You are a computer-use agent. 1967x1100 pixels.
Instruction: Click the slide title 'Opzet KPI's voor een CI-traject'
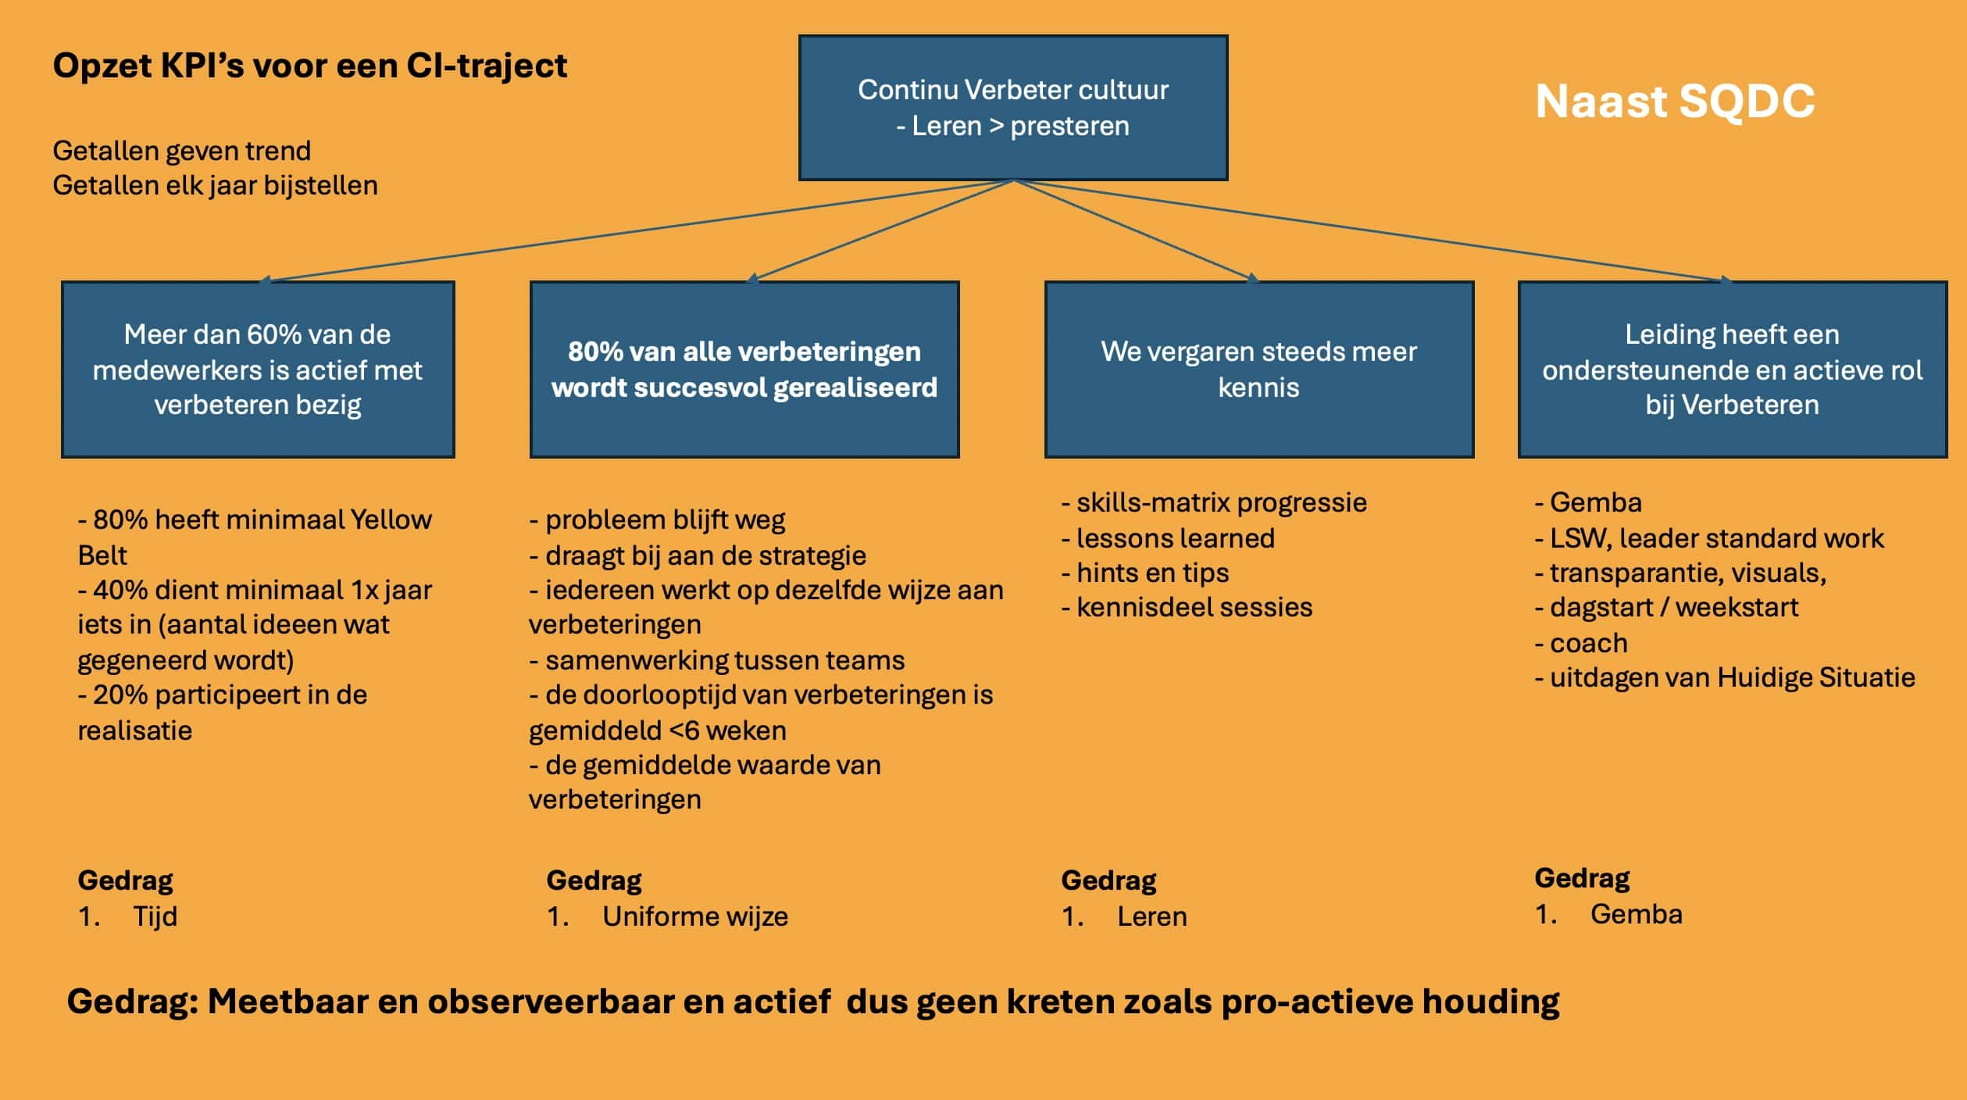point(309,66)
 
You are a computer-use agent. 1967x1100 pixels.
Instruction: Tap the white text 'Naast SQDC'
point(1675,102)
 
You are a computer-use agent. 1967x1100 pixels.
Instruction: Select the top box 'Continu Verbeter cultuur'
point(1013,108)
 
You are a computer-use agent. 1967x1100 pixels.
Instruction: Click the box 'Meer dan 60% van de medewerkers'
point(258,370)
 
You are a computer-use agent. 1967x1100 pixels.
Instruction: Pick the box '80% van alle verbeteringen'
point(744,370)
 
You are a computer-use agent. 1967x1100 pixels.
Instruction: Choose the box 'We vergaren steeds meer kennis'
point(1258,370)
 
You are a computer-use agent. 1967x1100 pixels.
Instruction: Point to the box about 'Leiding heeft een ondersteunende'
point(1732,370)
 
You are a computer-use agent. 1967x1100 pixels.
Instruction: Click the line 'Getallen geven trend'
point(181,151)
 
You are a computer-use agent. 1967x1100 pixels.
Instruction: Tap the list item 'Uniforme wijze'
point(694,916)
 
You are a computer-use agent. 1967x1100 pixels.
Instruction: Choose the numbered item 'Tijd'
point(155,916)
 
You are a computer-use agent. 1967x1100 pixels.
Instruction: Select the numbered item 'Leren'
point(1151,916)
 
